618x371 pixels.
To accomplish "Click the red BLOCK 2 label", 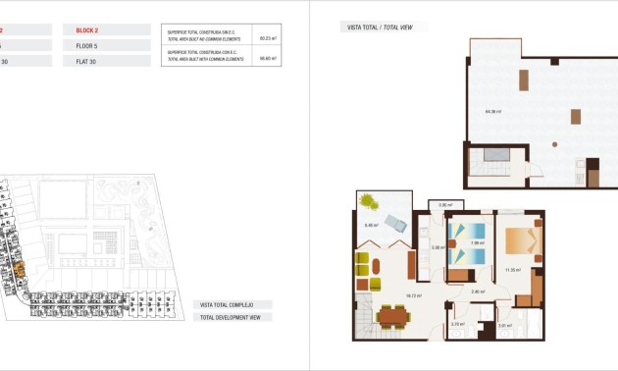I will pyautogui.click(x=88, y=30).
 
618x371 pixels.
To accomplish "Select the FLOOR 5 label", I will pyautogui.click(x=88, y=45).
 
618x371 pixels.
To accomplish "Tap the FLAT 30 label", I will pyautogui.click(x=87, y=61).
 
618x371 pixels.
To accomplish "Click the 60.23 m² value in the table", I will pyautogui.click(x=266, y=38).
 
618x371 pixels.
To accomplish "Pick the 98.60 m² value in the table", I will pyautogui.click(x=266, y=58).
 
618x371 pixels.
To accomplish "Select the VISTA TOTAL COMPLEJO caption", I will pyautogui.click(x=229, y=305).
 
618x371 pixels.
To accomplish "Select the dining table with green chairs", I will pyautogui.click(x=392, y=316).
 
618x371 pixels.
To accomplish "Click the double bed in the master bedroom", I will pyautogui.click(x=522, y=241).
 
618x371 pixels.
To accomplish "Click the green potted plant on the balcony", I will pyautogui.click(x=367, y=201).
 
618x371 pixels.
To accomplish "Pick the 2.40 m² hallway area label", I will pyautogui.click(x=478, y=291).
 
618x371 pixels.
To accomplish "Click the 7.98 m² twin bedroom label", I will pyautogui.click(x=477, y=243).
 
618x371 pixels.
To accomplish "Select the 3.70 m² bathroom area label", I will pyautogui.click(x=457, y=325).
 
